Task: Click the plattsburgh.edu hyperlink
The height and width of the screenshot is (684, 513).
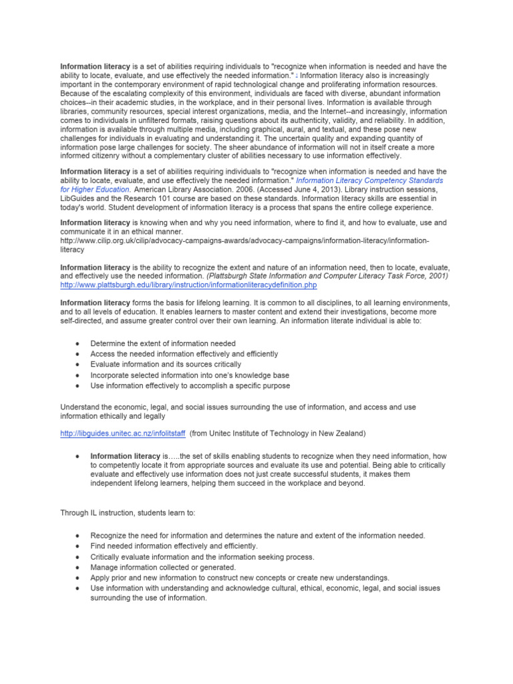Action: point(188,285)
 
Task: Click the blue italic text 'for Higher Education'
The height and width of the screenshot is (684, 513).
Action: point(92,189)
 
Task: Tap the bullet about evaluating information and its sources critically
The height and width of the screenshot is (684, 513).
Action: point(166,364)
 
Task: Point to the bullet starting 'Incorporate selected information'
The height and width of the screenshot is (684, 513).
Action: point(190,375)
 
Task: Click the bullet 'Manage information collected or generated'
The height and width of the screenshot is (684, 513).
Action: point(163,567)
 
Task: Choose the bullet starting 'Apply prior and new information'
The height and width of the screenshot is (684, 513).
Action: point(240,578)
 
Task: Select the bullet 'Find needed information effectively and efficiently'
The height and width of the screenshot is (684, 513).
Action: point(174,546)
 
